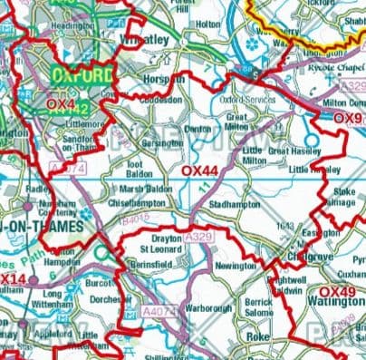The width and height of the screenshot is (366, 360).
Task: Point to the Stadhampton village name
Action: click(x=234, y=205)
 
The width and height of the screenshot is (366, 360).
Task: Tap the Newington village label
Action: click(x=236, y=267)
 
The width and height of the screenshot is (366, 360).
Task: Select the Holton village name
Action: click(x=208, y=25)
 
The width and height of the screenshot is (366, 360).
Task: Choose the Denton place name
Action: click(x=198, y=129)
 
